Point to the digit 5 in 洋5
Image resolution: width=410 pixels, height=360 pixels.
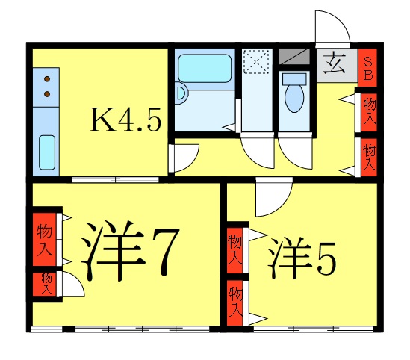click(326, 258)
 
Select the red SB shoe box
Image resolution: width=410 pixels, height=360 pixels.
click(367, 68)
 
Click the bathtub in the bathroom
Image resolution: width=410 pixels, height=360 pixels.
click(203, 69)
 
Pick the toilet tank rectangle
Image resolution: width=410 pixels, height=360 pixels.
click(295, 78)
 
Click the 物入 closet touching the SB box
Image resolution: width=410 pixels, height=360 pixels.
click(367, 111)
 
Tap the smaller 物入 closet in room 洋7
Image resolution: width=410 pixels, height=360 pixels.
click(45, 283)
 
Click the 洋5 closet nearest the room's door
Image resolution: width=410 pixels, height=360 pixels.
click(236, 246)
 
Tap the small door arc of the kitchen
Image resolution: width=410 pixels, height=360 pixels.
click(184, 158)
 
